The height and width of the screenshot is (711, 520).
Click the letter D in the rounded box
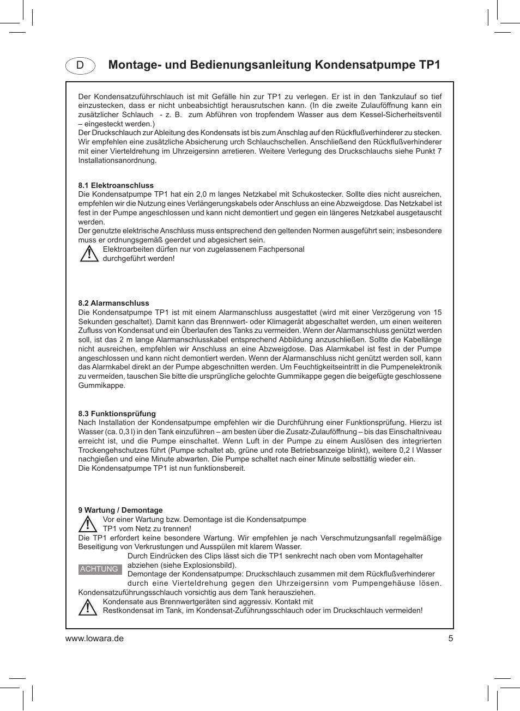(80, 65)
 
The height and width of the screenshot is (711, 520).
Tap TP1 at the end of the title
(429, 65)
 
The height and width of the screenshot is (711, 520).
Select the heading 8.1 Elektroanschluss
(116, 185)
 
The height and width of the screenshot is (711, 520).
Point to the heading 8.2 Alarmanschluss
(113, 303)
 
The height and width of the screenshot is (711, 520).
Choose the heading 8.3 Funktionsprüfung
(117, 414)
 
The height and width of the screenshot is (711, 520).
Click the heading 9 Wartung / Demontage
(120, 510)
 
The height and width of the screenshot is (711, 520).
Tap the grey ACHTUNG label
(99, 569)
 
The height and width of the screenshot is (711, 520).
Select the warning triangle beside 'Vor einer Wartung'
(87, 524)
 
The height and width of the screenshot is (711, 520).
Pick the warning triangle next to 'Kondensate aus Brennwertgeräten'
(87, 606)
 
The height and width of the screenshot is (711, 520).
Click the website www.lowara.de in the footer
(94, 639)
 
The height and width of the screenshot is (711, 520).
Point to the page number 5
(450, 639)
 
